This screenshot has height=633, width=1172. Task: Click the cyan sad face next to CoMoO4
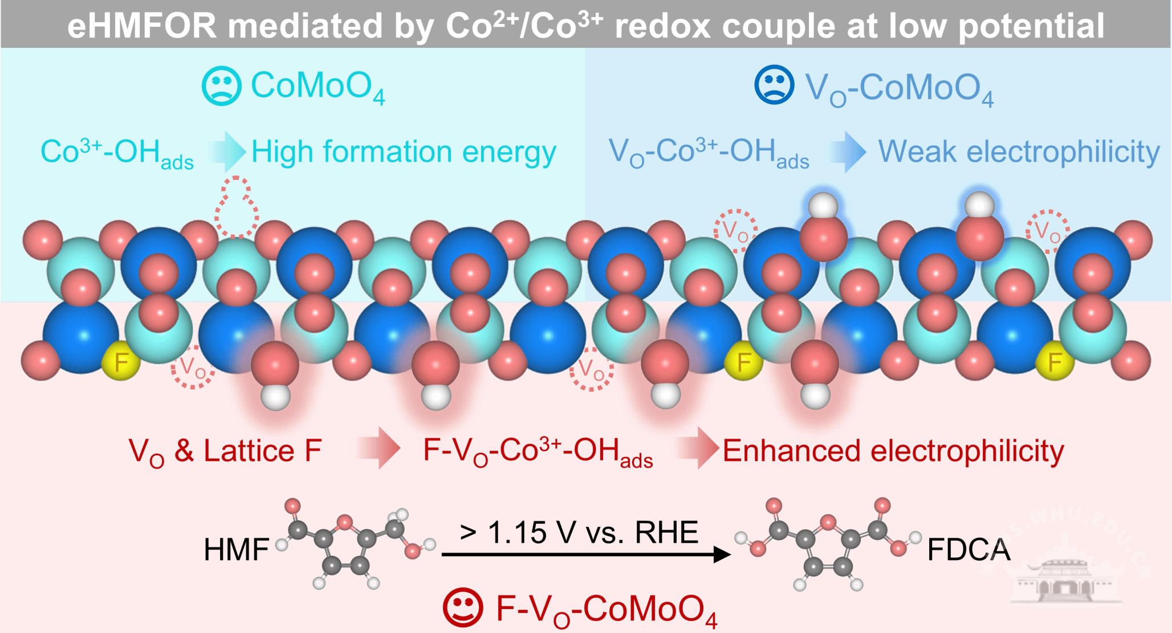[222, 86]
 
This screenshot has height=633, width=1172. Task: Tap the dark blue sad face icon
[774, 85]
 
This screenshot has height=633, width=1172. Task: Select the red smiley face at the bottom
[463, 607]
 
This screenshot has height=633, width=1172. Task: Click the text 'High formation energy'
[404, 153]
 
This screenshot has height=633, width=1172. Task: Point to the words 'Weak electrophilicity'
[1019, 152]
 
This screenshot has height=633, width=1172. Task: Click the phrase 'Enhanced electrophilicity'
[893, 451]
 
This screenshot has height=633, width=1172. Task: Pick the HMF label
[236, 550]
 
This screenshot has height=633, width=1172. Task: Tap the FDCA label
[969, 550]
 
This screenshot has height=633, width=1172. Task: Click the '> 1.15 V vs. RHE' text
[579, 532]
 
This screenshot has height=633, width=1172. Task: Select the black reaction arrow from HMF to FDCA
[586, 554]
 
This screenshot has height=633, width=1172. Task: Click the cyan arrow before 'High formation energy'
[227, 152]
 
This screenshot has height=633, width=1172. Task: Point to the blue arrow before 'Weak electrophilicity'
[848, 152]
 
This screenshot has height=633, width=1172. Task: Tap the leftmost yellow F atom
[121, 362]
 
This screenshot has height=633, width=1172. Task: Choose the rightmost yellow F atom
[1055, 361]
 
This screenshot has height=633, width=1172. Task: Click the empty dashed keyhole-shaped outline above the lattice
[236, 207]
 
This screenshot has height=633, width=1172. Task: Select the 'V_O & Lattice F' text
[225, 451]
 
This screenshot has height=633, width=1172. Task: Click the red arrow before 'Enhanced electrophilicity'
[697, 448]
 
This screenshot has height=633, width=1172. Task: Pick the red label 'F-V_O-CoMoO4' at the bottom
[607, 609]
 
